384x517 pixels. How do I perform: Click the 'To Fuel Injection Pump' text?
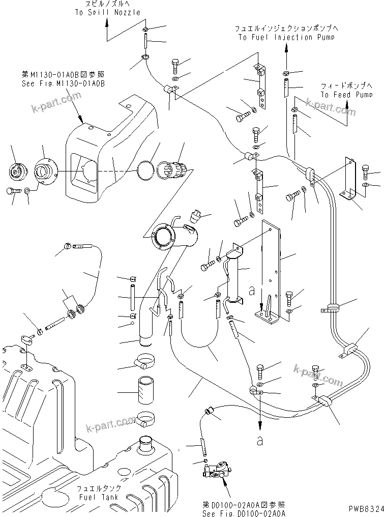[x=286, y=37]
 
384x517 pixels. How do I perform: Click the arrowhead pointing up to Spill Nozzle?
[x=107, y=22]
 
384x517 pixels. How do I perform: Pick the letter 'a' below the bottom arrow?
[x=260, y=441]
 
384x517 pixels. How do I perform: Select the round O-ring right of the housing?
[x=146, y=171]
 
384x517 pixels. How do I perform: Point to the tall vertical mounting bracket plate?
[x=269, y=270]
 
